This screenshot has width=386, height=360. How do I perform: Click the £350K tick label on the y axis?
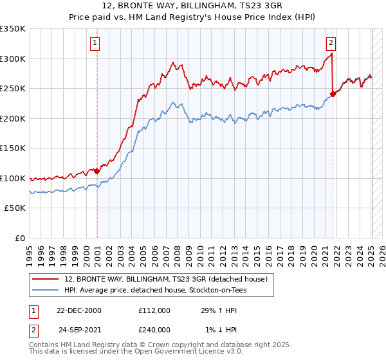[13, 29]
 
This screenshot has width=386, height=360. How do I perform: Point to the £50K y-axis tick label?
[15, 208]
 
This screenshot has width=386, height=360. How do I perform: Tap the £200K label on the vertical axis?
[13, 118]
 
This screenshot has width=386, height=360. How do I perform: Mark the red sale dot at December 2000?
[96, 171]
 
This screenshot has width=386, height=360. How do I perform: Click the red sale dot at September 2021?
[333, 94]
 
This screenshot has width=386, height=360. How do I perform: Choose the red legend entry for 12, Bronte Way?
[170, 278]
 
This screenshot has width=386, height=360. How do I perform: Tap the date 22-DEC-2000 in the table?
[79, 310]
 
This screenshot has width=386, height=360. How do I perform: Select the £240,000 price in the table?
[154, 329]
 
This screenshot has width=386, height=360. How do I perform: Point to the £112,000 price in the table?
[154, 310]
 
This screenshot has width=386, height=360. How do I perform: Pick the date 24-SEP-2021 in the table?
[79, 329]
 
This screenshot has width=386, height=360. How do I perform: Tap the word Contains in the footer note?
[43, 345]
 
